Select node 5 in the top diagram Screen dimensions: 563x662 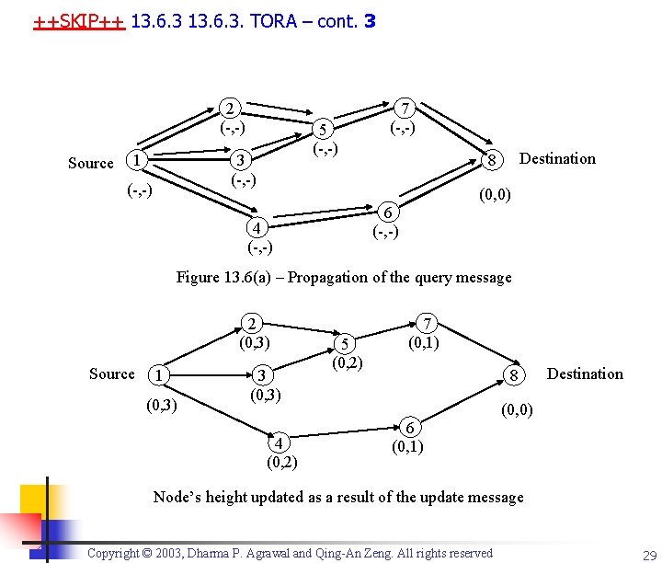pyautogui.click(x=323, y=129)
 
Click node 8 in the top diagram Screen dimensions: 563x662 pyautogui.click(x=493, y=161)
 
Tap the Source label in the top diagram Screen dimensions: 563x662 pyautogui.click(x=91, y=164)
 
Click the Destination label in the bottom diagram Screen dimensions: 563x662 pyautogui.click(x=585, y=373)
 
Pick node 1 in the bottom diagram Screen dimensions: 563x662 pyautogui.click(x=159, y=375)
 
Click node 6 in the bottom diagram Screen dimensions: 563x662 pyautogui.click(x=412, y=428)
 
